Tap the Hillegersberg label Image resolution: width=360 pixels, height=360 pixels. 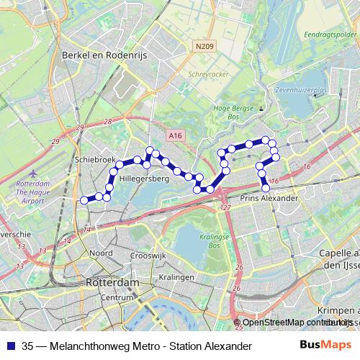144,176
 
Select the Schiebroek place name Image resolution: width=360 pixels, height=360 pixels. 91,161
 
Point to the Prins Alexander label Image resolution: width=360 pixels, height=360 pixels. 269,197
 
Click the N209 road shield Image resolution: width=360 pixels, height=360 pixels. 204,48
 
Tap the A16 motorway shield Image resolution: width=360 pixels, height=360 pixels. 175,134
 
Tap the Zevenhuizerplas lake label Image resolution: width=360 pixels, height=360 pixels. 300,91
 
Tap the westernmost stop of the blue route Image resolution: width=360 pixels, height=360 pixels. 84,200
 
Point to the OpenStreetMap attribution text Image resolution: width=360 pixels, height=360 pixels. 292,323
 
